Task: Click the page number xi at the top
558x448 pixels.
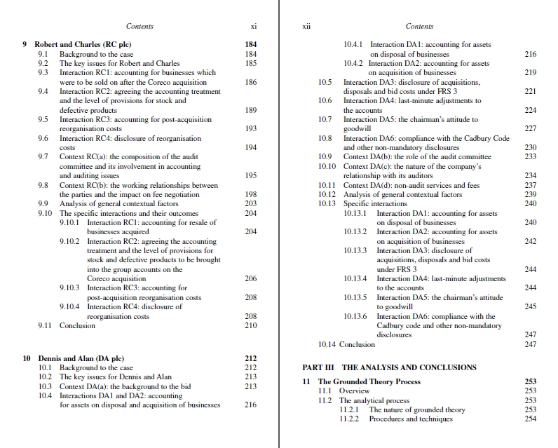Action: click(252, 27)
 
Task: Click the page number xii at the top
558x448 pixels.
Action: click(306, 27)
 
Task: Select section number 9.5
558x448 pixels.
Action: click(43, 119)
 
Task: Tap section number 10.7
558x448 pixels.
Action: click(325, 120)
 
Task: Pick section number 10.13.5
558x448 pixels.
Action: click(357, 297)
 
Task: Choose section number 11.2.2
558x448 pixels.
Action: click(350, 419)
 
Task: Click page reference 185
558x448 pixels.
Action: click(251, 63)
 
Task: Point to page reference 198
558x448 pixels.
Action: click(251, 194)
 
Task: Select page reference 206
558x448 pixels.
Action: click(251, 278)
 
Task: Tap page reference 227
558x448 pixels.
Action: click(530, 129)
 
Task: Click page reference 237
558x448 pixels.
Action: click(530, 185)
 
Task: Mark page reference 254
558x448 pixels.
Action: click(530, 419)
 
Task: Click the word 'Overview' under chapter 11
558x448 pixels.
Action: click(354, 391)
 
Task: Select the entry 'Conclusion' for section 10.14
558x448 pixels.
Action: click(358, 344)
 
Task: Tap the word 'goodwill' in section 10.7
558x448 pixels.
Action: click(357, 129)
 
